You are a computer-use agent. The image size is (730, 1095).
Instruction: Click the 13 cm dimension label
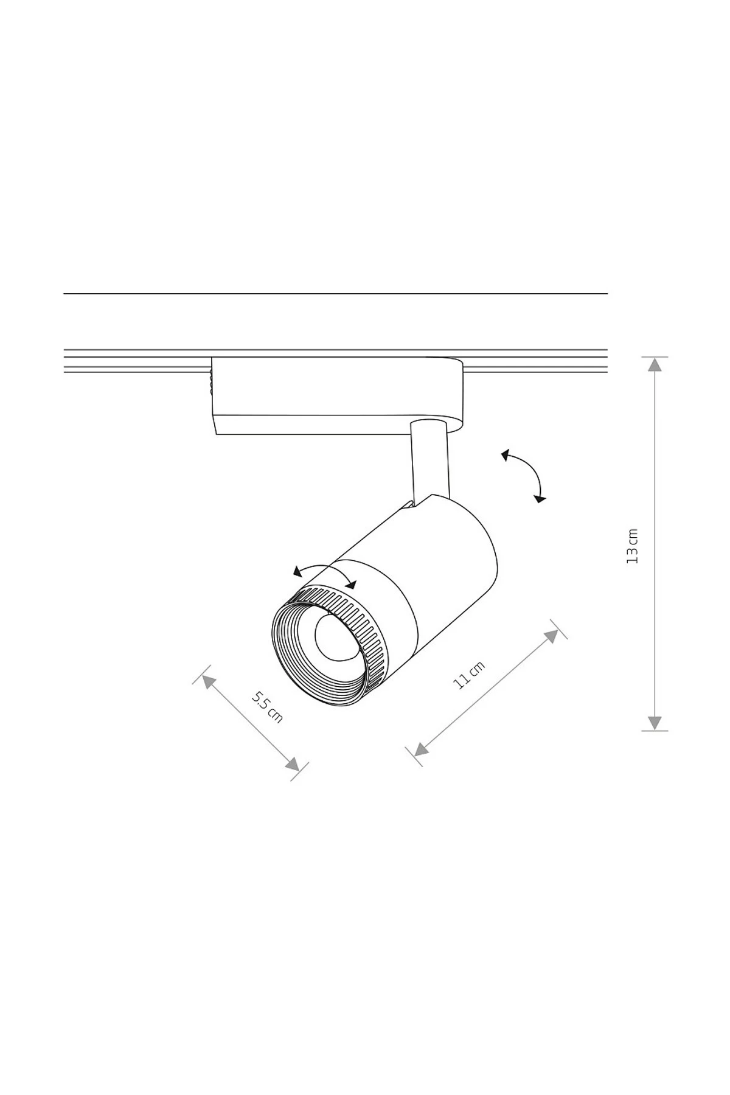click(x=633, y=546)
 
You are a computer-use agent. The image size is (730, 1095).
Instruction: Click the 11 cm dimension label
click(x=469, y=675)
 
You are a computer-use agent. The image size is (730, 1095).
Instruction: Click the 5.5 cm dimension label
click(x=267, y=706)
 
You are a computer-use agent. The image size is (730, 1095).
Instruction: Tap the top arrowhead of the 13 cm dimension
click(x=655, y=364)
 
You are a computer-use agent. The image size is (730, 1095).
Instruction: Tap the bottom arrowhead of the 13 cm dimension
click(x=655, y=723)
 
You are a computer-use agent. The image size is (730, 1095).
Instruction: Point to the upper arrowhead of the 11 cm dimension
click(x=551, y=636)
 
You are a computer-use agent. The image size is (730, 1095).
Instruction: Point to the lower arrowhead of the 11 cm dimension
click(x=421, y=749)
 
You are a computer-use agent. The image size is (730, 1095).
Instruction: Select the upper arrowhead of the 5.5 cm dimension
click(x=209, y=681)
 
